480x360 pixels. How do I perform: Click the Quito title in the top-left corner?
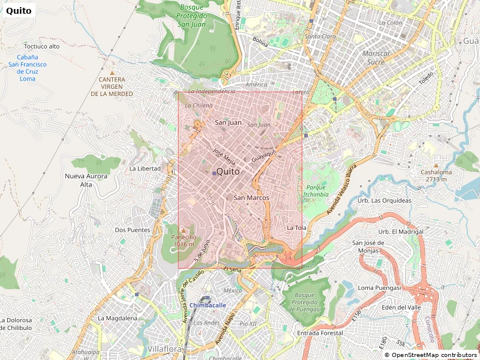tap(18, 10)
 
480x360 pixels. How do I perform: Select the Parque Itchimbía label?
tap(316, 191)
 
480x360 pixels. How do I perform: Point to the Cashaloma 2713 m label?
tap(436, 175)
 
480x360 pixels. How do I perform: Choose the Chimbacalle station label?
tap(208, 305)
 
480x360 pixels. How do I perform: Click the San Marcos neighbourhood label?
tap(251, 197)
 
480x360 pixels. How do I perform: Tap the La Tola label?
tap(296, 228)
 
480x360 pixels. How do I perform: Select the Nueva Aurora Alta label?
tap(86, 181)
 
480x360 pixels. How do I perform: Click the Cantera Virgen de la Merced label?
tap(112, 86)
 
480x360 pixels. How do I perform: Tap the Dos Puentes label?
tap(132, 230)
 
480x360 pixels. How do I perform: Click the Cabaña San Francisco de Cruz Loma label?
tap(28, 68)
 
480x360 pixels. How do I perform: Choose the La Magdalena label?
tap(118, 318)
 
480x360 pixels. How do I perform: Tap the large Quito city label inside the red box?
tap(227, 172)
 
